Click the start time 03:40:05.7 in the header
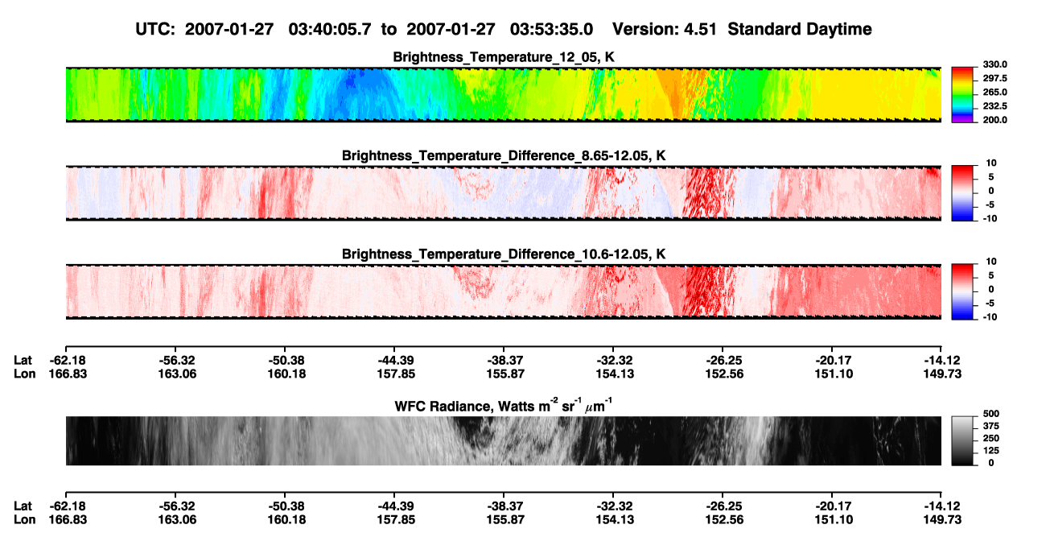pos(330,30)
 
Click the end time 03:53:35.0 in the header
pos(551,30)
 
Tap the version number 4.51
pos(700,30)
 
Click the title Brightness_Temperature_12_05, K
pos(504,57)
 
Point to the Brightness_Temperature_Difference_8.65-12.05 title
pos(504,155)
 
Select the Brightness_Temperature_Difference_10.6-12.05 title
pos(504,254)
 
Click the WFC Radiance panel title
pos(504,406)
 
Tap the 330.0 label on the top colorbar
pos(995,64)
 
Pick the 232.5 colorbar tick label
pos(995,106)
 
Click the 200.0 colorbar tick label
pos(995,120)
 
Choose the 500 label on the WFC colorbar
pos(990,414)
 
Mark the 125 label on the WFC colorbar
pos(990,451)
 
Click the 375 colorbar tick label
pos(990,426)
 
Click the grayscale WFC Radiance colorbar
pos(962,440)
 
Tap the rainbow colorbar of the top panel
pos(962,95)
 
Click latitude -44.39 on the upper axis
pos(396,361)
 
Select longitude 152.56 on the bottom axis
pos(724,520)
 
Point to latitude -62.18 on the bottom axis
pos(68,506)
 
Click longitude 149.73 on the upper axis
pos(942,374)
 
